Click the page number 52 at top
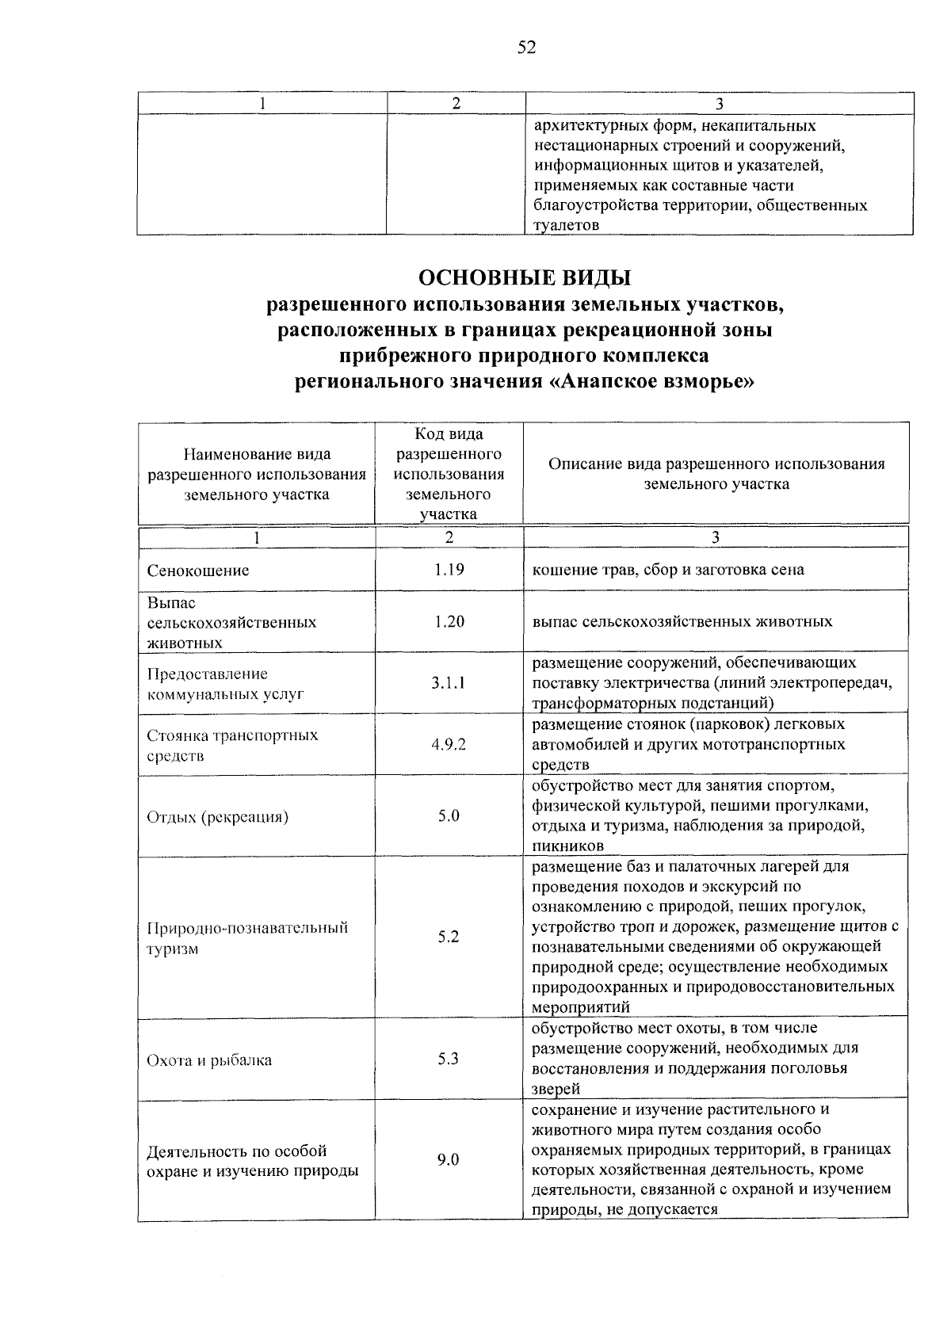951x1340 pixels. click(x=526, y=48)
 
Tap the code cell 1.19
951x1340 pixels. click(x=449, y=569)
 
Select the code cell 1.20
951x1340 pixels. click(x=449, y=621)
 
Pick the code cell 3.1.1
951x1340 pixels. click(x=449, y=682)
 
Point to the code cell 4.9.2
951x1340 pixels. click(x=449, y=744)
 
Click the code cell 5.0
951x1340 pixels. click(x=449, y=815)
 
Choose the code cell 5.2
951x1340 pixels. click(x=449, y=937)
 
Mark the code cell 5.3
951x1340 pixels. click(x=449, y=1059)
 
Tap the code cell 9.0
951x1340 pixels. click(x=449, y=1160)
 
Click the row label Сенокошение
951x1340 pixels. click(x=198, y=571)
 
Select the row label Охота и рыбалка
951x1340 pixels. click(x=209, y=1060)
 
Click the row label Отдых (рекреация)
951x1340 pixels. click(x=217, y=817)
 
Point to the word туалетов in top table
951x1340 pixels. click(x=567, y=226)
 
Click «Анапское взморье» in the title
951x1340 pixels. click(x=651, y=382)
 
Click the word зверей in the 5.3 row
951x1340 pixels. click(x=556, y=1089)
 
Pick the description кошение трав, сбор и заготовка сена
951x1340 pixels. click(x=668, y=570)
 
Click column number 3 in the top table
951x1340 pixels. click(x=719, y=104)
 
